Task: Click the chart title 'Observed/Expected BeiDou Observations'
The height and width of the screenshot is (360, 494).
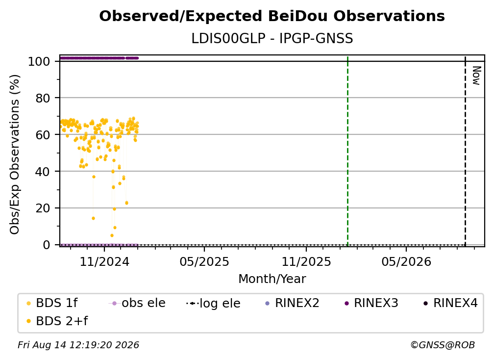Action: click(272, 16)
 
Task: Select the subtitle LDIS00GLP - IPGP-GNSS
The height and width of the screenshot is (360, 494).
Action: click(272, 38)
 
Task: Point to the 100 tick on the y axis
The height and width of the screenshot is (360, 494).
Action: click(39, 61)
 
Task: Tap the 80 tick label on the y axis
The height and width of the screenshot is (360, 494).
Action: click(43, 98)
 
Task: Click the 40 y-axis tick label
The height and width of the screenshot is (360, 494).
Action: click(43, 172)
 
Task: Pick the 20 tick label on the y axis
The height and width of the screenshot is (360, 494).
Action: click(43, 208)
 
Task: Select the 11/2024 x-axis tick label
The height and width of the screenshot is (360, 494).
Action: click(104, 261)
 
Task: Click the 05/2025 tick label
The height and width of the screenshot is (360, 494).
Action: click(204, 261)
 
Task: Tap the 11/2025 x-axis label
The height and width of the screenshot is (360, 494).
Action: click(306, 261)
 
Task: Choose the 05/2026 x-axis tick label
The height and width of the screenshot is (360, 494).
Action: click(406, 261)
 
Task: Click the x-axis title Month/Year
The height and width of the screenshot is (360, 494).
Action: click(272, 279)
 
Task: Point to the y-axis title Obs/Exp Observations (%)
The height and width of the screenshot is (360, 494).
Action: click(15, 154)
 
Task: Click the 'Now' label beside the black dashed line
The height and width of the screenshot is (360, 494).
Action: click(476, 76)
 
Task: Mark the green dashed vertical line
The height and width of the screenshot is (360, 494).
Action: click(347, 151)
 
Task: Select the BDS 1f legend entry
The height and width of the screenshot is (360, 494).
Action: click(52, 303)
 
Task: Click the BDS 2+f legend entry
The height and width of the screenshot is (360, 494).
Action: click(57, 321)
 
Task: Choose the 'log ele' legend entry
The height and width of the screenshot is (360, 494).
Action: click(213, 303)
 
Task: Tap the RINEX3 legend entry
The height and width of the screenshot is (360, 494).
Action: click(371, 303)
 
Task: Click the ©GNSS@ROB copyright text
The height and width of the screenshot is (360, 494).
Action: click(443, 345)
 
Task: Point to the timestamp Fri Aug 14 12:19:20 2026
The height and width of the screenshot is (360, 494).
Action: click(78, 345)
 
